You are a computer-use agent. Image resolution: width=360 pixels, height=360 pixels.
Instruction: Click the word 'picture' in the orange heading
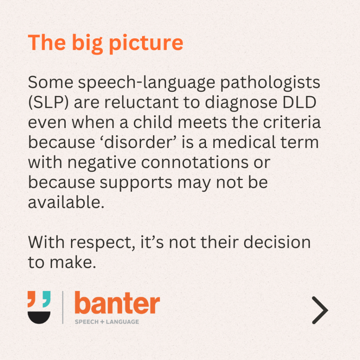click(146, 44)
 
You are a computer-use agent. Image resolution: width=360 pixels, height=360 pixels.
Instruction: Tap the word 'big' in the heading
click(87, 44)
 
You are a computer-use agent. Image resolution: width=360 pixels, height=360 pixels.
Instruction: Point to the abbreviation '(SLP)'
click(48, 103)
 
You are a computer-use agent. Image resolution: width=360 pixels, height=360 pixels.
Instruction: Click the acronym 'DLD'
click(300, 102)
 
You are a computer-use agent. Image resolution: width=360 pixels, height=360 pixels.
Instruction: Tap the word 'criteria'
click(292, 122)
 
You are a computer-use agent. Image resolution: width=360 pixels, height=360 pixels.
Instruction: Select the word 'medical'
click(244, 142)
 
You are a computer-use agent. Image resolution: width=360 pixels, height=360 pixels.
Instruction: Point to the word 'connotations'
click(195, 162)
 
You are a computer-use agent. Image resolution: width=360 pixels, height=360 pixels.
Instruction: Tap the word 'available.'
click(66, 202)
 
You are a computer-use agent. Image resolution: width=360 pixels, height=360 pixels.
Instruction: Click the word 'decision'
click(277, 242)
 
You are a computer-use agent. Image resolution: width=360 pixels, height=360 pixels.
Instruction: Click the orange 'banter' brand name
click(117, 303)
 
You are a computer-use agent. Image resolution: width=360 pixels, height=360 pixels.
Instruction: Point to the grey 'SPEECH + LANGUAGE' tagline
click(107, 322)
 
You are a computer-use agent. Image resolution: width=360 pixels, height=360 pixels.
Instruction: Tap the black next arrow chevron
click(320, 310)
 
